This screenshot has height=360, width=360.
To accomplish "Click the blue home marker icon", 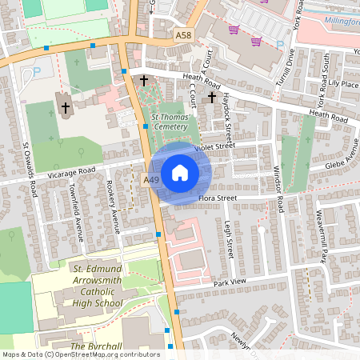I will tap(180, 173).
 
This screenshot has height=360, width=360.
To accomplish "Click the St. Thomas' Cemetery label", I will tap(170, 122).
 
